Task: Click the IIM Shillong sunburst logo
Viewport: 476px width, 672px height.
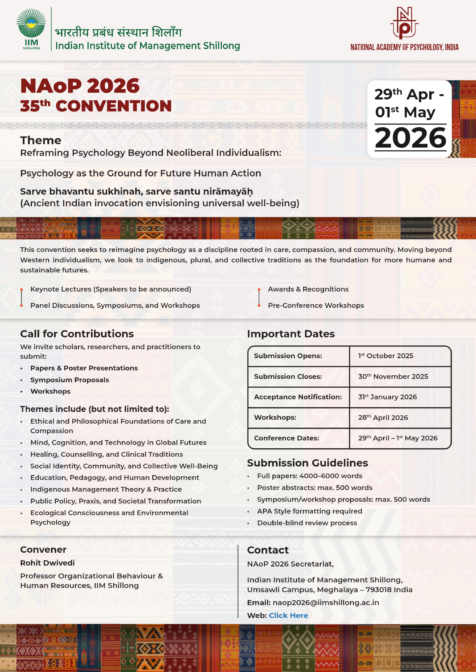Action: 31,27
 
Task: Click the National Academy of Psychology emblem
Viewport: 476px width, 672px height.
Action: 405,23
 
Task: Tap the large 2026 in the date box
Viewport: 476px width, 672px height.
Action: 410,138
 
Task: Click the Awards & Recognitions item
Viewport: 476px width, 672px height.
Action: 308,289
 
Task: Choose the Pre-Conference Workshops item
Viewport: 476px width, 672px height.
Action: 316,305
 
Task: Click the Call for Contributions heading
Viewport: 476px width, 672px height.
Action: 77,334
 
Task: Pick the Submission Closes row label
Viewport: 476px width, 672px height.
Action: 288,376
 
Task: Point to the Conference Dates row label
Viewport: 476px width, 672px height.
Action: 286,438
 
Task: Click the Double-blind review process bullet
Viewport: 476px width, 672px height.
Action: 307,523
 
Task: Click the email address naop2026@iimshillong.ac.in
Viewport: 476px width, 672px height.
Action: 326,602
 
